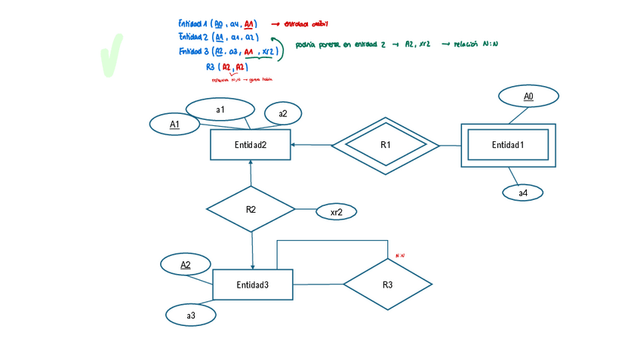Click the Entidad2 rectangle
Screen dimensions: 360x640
pyautogui.click(x=250, y=144)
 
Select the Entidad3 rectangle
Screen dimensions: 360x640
pyautogui.click(x=252, y=285)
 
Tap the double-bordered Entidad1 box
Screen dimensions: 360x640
pyautogui.click(x=508, y=145)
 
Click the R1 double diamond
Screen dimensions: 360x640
pyautogui.click(x=385, y=145)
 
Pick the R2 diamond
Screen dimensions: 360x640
pyautogui.click(x=251, y=209)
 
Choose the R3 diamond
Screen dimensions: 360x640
pyautogui.click(x=387, y=285)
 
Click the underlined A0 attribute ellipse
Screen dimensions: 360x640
pyautogui.click(x=528, y=97)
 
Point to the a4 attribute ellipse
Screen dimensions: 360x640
pyautogui.click(x=523, y=193)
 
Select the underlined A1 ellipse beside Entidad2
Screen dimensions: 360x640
pyautogui.click(x=174, y=125)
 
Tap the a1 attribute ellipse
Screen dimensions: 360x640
pyautogui.click(x=220, y=109)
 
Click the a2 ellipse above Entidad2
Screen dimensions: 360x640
pyautogui.click(x=282, y=114)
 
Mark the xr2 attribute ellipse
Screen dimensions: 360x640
pyautogui.click(x=336, y=212)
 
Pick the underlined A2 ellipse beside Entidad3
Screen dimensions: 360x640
pyautogui.click(x=185, y=265)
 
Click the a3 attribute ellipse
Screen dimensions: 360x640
pyautogui.click(x=191, y=315)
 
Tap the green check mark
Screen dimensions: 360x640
pyautogui.click(x=110, y=55)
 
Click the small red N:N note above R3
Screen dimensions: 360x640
pyautogui.click(x=400, y=256)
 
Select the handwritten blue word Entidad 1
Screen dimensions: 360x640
pyautogui.click(x=193, y=24)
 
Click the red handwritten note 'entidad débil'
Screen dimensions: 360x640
pyautogui.click(x=306, y=24)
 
